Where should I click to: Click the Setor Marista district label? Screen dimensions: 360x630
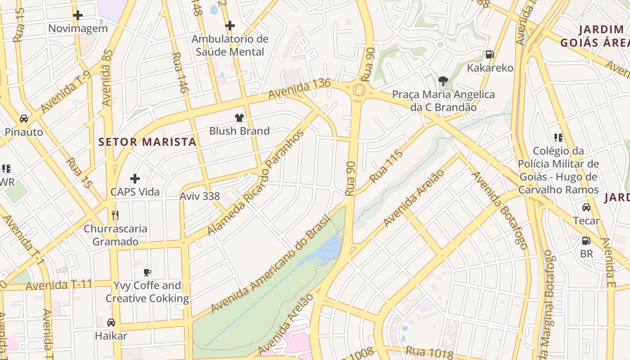(x=148, y=142)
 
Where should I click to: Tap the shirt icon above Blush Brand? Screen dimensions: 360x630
(x=239, y=118)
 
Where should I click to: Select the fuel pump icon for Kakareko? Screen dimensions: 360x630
(x=490, y=54)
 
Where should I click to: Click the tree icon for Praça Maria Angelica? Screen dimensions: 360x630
(x=443, y=81)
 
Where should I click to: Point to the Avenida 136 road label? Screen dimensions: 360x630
(x=299, y=89)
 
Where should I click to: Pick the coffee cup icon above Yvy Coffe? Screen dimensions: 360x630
(x=147, y=272)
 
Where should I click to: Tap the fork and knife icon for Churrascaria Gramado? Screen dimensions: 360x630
(x=115, y=215)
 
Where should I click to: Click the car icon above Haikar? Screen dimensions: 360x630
(x=111, y=322)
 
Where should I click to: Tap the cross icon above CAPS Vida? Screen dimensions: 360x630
(x=135, y=179)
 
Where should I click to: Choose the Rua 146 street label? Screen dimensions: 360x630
(x=179, y=73)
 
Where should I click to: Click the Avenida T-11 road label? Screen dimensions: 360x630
(x=59, y=285)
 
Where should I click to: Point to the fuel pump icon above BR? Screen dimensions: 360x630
(x=586, y=241)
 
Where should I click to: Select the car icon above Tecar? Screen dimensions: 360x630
(x=586, y=207)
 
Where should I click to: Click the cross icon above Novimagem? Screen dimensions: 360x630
(x=78, y=15)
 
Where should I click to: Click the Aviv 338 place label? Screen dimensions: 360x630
(x=200, y=196)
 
